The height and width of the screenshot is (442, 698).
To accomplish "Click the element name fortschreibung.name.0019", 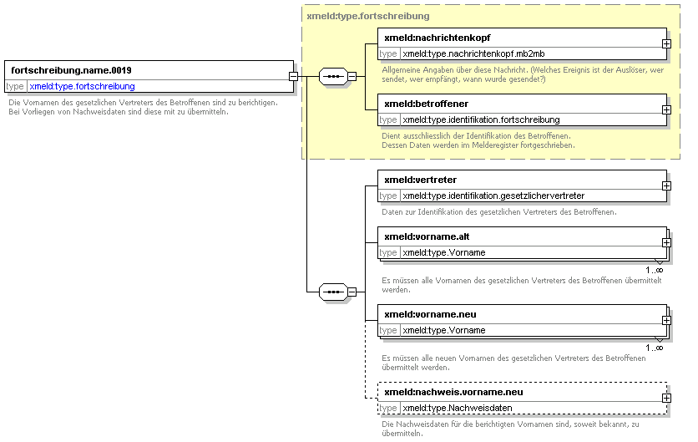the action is pyautogui.click(x=71, y=70).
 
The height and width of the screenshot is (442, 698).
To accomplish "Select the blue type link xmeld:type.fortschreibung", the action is pyautogui.click(x=83, y=86).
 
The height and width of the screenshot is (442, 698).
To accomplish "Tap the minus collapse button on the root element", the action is pyautogui.click(x=293, y=77).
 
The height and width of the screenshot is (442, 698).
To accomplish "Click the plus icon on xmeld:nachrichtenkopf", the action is pyautogui.click(x=666, y=44).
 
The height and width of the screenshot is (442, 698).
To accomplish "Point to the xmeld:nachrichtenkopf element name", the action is pyautogui.click(x=438, y=38).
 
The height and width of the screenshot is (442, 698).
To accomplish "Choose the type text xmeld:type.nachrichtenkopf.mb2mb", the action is pyautogui.click(x=473, y=54).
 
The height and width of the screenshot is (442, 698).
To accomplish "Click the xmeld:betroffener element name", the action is pyautogui.click(x=426, y=104).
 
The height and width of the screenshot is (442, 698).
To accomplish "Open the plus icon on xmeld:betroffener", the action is pyautogui.click(x=666, y=110).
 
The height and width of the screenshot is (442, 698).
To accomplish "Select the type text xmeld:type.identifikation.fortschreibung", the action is pyautogui.click(x=481, y=119).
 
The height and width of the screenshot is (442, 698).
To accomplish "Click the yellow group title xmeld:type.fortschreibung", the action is pyautogui.click(x=368, y=16).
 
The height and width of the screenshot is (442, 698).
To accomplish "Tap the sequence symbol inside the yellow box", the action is pyautogui.click(x=333, y=77).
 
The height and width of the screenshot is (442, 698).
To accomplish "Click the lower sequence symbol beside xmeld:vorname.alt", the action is pyautogui.click(x=333, y=292).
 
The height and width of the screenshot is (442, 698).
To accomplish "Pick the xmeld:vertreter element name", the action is pyautogui.click(x=420, y=180).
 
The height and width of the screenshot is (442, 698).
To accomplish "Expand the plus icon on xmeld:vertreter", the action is pyautogui.click(x=666, y=185).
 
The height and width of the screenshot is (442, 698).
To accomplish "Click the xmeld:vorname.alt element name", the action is pyautogui.click(x=427, y=236).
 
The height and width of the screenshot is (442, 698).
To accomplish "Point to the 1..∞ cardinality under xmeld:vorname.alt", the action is pyautogui.click(x=654, y=270).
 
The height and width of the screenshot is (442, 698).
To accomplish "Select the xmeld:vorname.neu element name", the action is pyautogui.click(x=430, y=314).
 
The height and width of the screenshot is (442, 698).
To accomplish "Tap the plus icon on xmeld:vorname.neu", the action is pyautogui.click(x=666, y=320).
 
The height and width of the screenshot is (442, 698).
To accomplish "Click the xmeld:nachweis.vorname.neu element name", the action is pyautogui.click(x=453, y=392).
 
